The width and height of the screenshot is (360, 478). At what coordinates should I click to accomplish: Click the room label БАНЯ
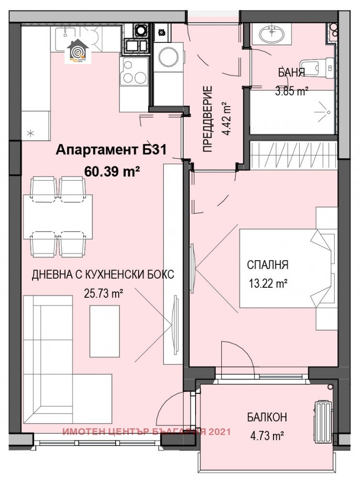pos(292,73)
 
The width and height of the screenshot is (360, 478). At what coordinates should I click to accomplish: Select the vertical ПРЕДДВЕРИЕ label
pos(207,119)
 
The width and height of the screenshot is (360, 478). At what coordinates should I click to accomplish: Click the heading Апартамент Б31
pos(111,151)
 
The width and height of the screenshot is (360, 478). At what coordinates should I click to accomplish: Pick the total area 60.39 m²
pos(111,171)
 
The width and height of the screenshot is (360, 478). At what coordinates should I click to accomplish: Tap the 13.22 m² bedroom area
pos(267,283)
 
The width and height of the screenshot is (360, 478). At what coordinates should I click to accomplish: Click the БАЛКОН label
pos(267,417)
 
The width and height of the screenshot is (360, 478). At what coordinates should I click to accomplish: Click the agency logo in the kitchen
pos(77,52)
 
